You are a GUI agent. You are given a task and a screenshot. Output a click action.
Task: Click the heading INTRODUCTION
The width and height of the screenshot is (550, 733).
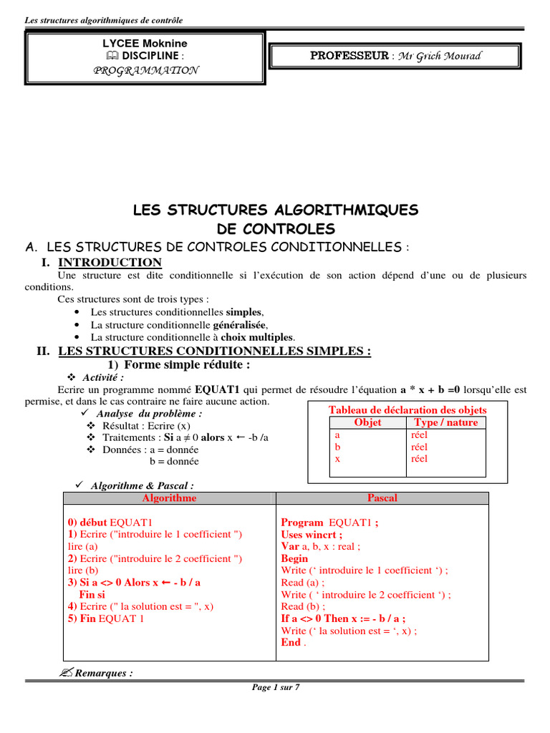tap(110, 262)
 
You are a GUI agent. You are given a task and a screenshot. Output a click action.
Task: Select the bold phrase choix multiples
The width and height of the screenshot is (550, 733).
tap(257, 336)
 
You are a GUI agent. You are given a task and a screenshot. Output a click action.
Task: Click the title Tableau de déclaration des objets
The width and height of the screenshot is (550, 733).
tap(407, 409)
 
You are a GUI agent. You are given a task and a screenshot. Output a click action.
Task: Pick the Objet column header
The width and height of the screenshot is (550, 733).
tap(368, 422)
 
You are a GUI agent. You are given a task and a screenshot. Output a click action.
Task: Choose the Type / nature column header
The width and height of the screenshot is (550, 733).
tap(445, 422)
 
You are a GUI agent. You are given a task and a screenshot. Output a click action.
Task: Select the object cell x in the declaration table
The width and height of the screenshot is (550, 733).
tap(337, 459)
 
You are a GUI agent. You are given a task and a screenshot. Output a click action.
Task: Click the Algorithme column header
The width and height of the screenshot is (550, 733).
tap(169, 497)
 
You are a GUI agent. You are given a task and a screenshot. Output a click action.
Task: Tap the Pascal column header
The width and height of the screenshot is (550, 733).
tap(382, 497)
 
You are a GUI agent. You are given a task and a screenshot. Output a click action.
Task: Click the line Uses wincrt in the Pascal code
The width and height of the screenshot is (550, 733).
tap(312, 534)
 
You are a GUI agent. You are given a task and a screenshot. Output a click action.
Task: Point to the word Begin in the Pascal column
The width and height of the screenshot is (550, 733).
tap(294, 558)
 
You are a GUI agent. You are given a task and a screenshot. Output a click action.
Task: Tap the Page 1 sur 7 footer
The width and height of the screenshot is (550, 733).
tap(276, 687)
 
